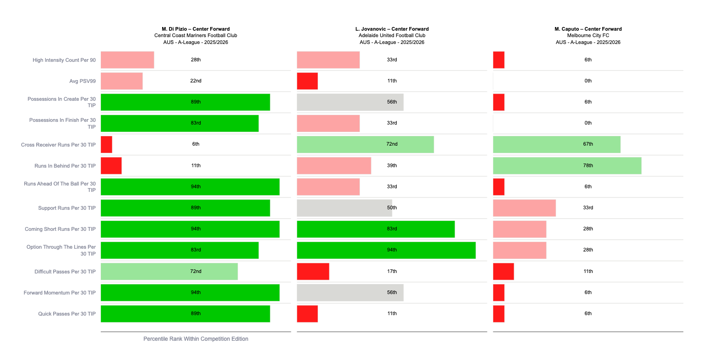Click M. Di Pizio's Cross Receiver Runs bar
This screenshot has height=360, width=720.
coord(106,144)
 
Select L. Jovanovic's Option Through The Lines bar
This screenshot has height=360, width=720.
coord(386,250)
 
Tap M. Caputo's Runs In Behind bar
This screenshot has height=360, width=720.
coord(567,166)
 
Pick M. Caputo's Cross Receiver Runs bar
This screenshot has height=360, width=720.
coord(556,144)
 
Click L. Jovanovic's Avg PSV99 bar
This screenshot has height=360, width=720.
coord(307,81)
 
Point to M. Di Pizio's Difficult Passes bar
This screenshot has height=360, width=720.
coord(169,272)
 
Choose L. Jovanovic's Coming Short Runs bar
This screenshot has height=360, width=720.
coord(376,229)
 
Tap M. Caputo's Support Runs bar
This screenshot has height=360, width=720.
coord(524,208)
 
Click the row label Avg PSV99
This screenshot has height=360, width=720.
coord(82,81)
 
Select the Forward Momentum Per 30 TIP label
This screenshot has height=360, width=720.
coord(60,293)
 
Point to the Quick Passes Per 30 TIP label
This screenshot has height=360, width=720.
coord(67,314)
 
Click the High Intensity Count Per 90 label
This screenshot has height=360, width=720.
coord(64,60)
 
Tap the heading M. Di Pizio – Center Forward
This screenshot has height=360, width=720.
coord(196,29)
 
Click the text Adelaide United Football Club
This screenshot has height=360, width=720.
coord(392,35)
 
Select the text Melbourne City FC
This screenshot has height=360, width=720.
coord(588,35)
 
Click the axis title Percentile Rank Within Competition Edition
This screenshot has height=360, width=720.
coord(196,339)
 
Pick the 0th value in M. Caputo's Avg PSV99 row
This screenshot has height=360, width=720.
coord(588,81)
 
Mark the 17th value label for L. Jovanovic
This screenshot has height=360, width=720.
coord(392,272)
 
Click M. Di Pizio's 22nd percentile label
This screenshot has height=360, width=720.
coord(196,81)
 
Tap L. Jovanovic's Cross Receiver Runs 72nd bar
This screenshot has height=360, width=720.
coord(365,144)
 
